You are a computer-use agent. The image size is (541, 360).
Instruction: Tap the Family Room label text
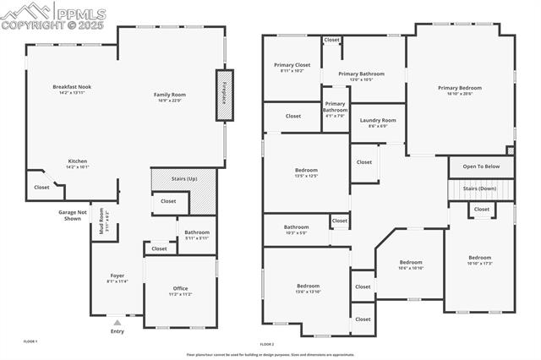point(170,95)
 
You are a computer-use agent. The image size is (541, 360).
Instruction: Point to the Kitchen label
point(78,162)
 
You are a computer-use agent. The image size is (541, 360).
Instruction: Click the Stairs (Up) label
point(184,179)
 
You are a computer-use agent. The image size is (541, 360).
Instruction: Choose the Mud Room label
point(101,226)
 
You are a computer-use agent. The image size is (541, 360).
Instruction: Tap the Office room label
point(180,290)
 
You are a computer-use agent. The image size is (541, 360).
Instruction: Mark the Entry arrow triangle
point(117,322)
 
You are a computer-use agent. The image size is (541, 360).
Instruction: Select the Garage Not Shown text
point(71,215)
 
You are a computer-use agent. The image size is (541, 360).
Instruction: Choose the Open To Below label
point(481,166)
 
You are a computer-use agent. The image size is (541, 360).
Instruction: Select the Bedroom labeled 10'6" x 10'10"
point(411,264)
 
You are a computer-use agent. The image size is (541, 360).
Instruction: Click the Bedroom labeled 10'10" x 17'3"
point(479,259)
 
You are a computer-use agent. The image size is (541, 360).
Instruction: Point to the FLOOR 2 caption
point(267,345)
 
